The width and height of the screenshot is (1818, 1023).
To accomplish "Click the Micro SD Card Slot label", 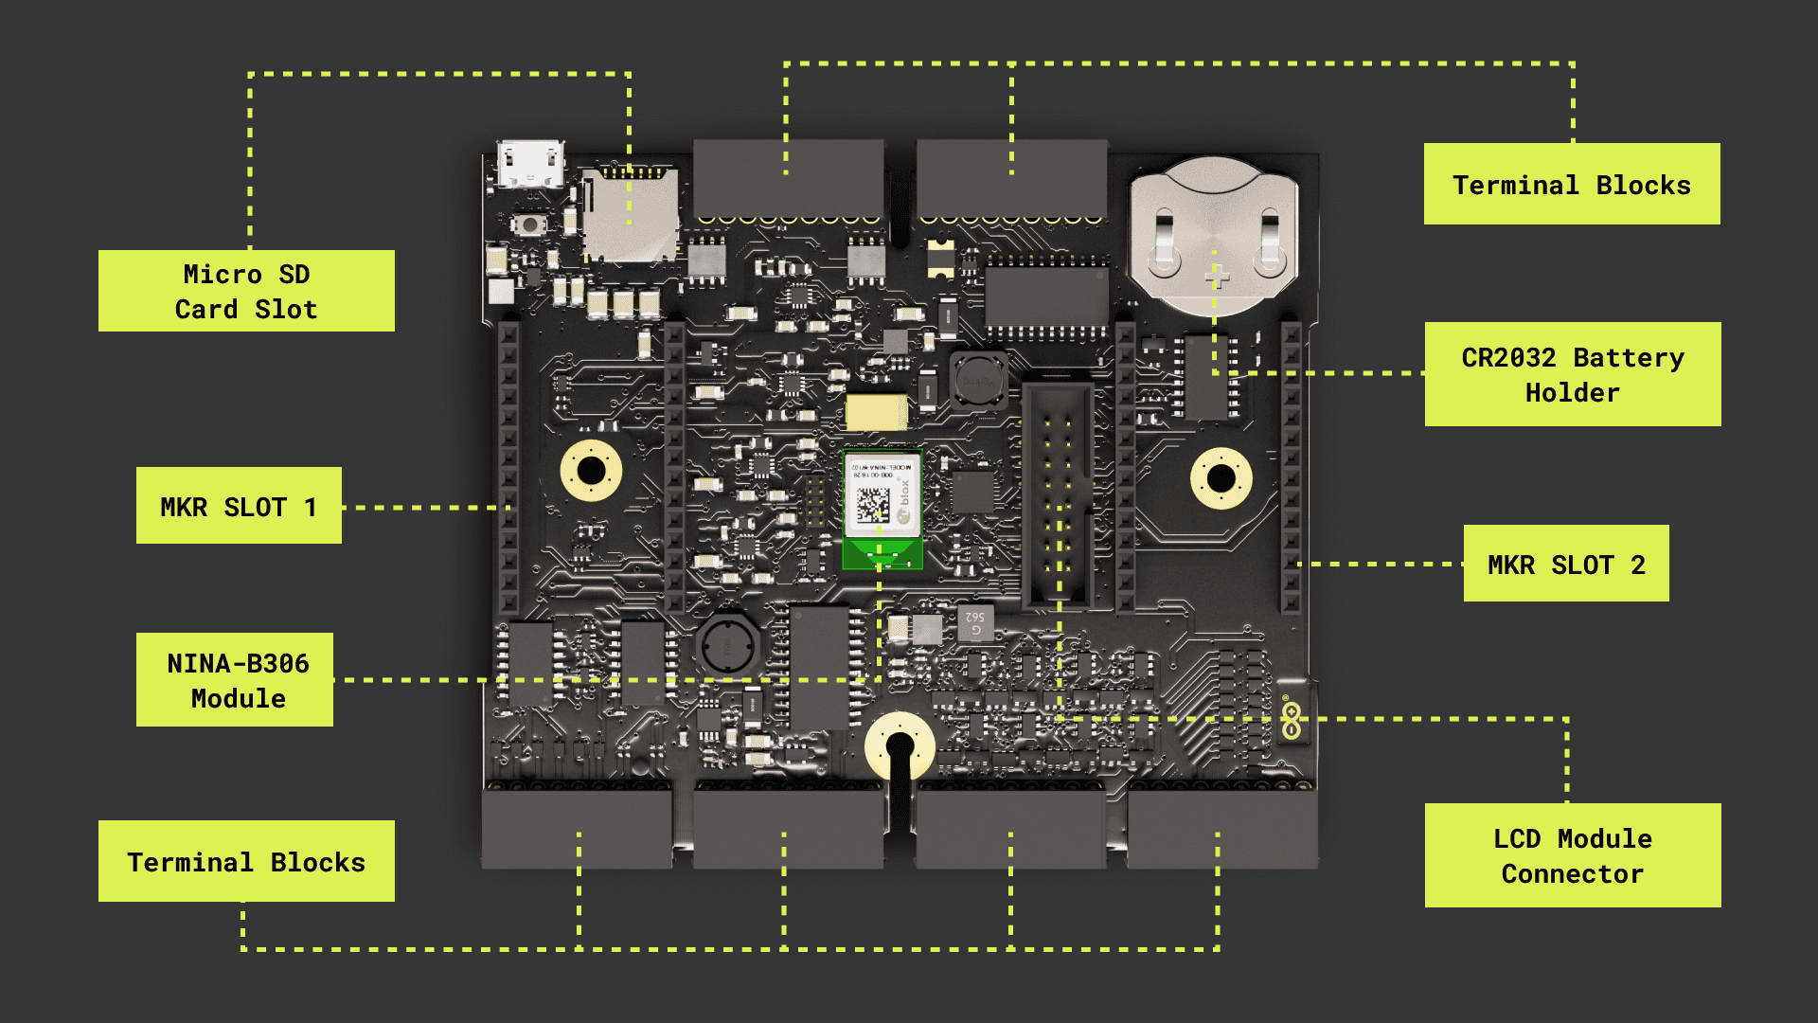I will click(246, 291).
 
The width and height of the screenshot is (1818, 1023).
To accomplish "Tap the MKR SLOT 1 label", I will click(239, 506).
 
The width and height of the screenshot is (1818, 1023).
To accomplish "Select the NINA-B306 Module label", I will click(235, 680).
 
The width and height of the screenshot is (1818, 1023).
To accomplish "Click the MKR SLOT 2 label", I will click(1566, 564).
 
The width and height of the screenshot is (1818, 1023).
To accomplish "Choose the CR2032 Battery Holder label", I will click(1573, 374).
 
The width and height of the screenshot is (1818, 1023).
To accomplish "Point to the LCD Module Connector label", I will click(1573, 855).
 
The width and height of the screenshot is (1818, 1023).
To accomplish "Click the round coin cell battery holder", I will click(1213, 237).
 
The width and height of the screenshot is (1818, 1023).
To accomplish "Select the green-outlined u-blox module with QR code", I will click(882, 509).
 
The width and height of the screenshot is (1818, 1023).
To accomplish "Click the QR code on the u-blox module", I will click(873, 504).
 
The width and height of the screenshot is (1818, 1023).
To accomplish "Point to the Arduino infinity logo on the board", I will click(1291, 719).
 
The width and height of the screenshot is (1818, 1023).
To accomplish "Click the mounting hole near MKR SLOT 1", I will click(591, 470).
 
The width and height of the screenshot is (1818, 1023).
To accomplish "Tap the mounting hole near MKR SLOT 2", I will click(1221, 477).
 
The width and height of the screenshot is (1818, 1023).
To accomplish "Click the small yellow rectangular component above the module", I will click(876, 413).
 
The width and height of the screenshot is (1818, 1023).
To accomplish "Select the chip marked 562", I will click(974, 622).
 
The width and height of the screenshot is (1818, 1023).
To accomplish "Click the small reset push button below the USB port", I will click(529, 225).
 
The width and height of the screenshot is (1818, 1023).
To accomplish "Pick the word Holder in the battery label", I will click(1573, 392).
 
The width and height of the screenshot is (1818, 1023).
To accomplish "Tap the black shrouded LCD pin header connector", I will click(1058, 495).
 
